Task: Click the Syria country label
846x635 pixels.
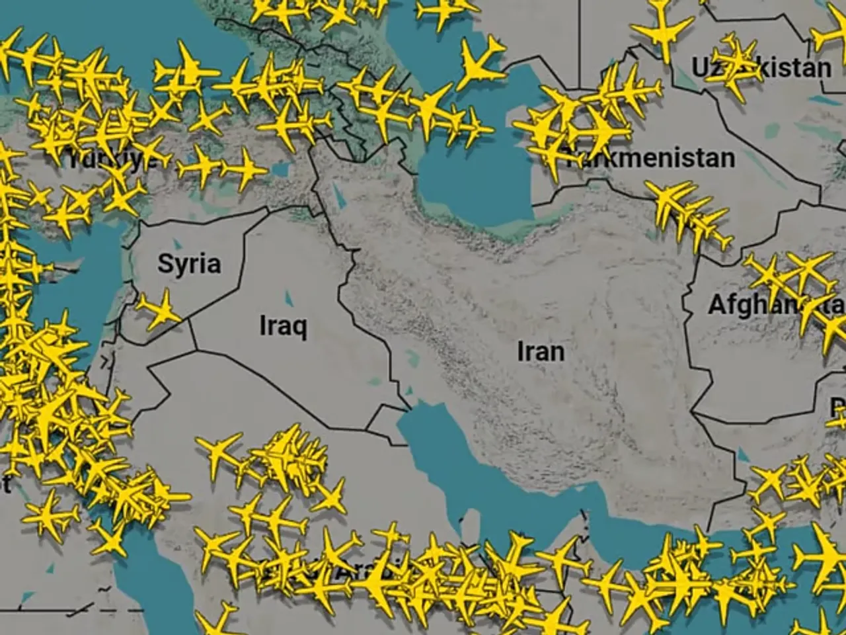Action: (189, 264)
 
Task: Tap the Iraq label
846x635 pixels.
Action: (283, 325)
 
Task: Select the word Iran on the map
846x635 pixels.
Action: (541, 351)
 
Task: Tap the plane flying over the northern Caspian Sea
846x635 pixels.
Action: (481, 60)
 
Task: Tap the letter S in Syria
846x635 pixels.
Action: (165, 263)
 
